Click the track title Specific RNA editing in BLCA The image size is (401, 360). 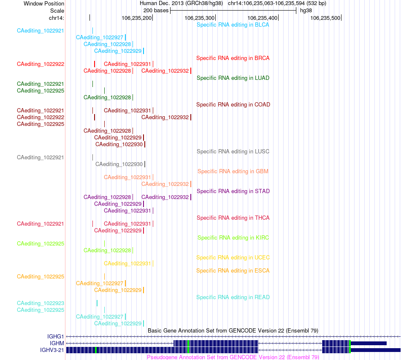point(233,25)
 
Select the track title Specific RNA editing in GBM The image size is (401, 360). point(233,171)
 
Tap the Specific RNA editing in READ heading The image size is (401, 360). point(233,297)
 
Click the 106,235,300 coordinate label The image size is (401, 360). point(200,18)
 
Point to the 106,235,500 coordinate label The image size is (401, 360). point(325,18)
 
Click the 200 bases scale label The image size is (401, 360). point(156,11)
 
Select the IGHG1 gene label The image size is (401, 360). point(55,336)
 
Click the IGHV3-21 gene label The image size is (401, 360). point(52,350)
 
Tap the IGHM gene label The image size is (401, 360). point(57,343)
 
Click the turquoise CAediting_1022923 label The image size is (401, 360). point(41,303)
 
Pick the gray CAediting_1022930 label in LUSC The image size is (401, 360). point(119,164)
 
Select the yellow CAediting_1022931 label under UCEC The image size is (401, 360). point(127,264)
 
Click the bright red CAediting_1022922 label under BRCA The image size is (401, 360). point(41,64)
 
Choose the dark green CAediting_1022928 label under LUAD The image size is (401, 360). point(107,97)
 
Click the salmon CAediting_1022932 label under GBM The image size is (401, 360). point(165,184)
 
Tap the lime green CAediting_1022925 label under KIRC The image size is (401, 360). point(41,243)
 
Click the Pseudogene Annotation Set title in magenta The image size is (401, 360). point(233,357)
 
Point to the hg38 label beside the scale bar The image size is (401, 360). point(306,11)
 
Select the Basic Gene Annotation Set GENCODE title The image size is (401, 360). point(233,330)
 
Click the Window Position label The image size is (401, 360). point(44,3)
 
